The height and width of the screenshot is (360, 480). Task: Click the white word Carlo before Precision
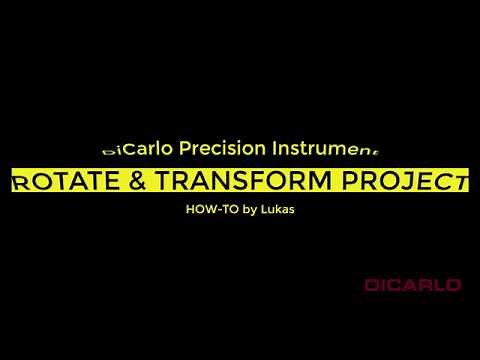[x=145, y=150]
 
